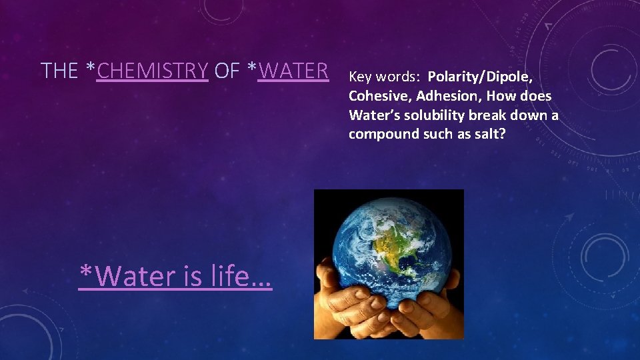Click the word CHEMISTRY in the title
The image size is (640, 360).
point(153,71)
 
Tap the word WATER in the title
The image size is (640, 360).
point(293,71)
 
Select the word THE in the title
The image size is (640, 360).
point(59,71)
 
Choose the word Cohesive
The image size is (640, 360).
point(380,96)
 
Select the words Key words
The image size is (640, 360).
point(385,77)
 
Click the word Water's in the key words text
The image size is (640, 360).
point(375,115)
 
